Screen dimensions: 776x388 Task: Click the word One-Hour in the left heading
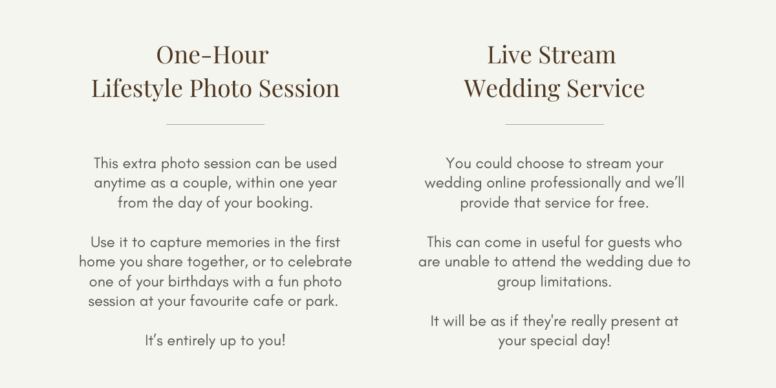(213, 55)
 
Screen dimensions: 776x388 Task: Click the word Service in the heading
(606, 88)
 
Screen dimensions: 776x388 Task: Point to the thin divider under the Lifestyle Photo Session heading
(215, 124)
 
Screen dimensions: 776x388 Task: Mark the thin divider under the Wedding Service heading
(554, 124)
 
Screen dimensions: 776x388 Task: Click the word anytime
(120, 184)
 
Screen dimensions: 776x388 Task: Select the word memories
(238, 242)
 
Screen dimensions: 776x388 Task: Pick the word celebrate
(319, 262)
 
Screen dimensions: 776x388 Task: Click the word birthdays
(198, 282)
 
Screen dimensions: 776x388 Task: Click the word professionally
(576, 184)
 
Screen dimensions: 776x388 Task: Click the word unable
(467, 262)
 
